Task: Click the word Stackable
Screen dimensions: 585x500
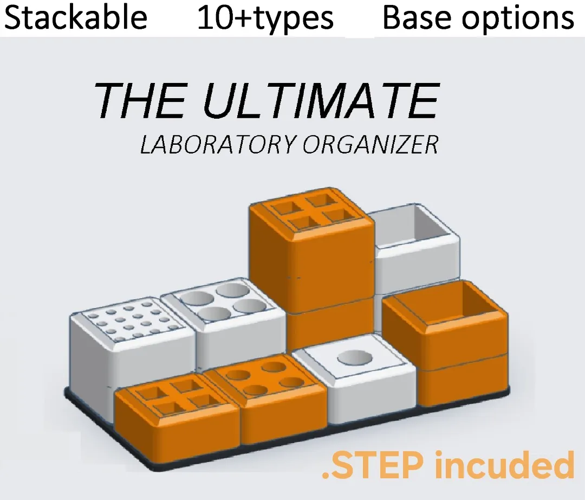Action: pyautogui.click(x=76, y=17)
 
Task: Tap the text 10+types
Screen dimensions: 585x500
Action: pyautogui.click(x=265, y=18)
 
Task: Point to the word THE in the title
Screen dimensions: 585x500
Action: pyautogui.click(x=140, y=100)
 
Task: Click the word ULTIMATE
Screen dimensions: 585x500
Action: pyautogui.click(x=322, y=100)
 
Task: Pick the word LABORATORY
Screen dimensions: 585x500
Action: pyautogui.click(x=219, y=144)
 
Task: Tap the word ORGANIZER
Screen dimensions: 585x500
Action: pyautogui.click(x=370, y=144)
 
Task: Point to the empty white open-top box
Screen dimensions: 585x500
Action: pyautogui.click(x=417, y=246)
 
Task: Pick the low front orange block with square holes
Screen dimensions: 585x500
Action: pyautogui.click(x=177, y=414)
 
